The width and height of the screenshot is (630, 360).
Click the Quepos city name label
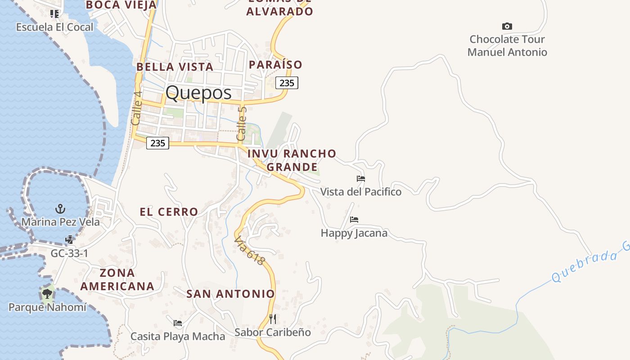[x=198, y=93]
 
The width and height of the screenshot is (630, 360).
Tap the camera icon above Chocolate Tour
[x=507, y=27]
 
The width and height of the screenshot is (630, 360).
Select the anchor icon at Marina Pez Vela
[x=60, y=209]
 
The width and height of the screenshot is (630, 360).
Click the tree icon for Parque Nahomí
[x=47, y=294]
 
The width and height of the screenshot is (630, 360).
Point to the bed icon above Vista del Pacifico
[x=360, y=179]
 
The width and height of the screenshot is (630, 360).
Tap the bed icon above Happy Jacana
[x=354, y=220]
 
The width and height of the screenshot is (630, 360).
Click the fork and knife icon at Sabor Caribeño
[x=272, y=319]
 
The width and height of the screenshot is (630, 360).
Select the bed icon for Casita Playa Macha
[x=178, y=323]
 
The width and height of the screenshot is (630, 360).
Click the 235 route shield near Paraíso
[x=287, y=83]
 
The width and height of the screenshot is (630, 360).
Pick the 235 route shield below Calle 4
[x=157, y=143]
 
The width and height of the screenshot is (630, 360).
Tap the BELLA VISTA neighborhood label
[x=175, y=67]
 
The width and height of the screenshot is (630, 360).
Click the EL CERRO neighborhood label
[x=169, y=211]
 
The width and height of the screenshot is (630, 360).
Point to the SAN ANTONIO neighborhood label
[x=230, y=294]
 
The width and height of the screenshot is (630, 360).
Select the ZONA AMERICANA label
[x=117, y=279]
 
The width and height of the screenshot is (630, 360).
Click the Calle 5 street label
[x=242, y=123]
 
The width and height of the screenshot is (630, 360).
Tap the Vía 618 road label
[x=249, y=251]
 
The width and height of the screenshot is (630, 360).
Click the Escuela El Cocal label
[x=54, y=27]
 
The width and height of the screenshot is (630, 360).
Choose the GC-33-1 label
[x=69, y=253]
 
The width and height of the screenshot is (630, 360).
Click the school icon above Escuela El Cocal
[x=54, y=14]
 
